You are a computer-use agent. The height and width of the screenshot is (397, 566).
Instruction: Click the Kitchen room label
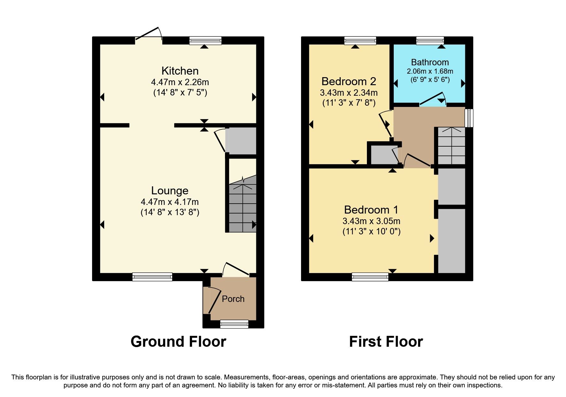pos(180,71)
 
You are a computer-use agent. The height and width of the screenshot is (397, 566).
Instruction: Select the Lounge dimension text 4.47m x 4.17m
pos(170,202)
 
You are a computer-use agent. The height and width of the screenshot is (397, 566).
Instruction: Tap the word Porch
pos(233,299)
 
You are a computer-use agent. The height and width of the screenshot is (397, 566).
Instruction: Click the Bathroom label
pos(430,62)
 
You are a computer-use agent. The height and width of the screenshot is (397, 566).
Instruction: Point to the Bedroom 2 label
pos(349,81)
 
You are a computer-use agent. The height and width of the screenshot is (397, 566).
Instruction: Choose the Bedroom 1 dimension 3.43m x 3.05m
pos(371,221)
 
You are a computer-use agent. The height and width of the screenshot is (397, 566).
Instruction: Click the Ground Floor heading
pos(178,342)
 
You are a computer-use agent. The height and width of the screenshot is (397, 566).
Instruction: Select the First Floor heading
pos(386,342)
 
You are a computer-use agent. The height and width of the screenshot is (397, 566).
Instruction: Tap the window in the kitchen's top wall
pos(205,40)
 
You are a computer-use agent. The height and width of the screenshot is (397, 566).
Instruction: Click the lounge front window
pos(152,277)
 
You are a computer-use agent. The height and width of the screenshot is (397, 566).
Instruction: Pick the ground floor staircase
pos(243,205)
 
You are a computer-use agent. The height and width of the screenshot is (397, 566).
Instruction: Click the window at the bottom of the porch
pos(234,324)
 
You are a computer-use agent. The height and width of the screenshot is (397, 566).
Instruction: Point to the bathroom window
pos(430,40)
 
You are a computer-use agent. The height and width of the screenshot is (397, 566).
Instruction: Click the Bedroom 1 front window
pos(370,277)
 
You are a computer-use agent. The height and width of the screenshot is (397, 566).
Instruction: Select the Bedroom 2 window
pos(360,40)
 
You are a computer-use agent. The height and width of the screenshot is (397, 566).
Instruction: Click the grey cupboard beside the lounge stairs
pos(242,141)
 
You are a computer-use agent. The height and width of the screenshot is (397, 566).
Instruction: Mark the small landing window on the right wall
pos(469,118)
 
